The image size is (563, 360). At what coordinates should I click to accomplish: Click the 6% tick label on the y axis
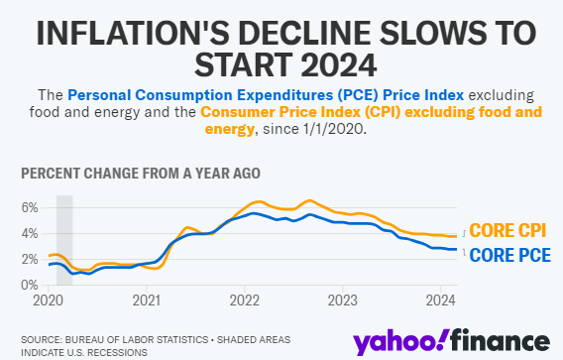(30, 207)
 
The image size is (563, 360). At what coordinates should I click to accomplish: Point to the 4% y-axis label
(30, 233)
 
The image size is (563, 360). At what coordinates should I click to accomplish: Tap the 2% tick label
(30, 259)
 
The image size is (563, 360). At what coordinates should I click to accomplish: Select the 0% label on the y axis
(30, 285)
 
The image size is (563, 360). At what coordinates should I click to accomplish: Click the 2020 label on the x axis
(49, 300)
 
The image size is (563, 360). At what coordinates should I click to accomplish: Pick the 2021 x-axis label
(147, 300)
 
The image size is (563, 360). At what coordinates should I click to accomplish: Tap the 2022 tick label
(245, 300)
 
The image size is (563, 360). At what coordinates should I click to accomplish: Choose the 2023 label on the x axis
(343, 300)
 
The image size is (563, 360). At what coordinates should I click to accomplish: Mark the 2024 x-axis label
(441, 300)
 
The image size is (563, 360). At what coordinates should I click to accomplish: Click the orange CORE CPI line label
(507, 230)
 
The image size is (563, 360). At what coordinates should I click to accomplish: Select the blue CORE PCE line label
(509, 255)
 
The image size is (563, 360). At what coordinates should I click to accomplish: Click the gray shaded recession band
(64, 240)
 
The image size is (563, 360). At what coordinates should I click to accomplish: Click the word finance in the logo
(501, 339)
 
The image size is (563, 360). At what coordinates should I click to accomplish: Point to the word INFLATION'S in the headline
(133, 33)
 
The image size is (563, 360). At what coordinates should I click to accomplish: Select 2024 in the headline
(339, 64)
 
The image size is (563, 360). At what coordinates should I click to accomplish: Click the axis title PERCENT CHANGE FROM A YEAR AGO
(141, 174)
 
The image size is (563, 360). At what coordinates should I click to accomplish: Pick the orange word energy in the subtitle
(229, 129)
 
